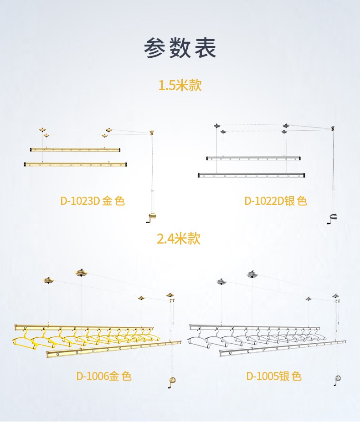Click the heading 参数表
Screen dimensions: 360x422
[180, 48]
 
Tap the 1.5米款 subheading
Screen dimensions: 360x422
[180, 85]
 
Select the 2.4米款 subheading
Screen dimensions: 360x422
[179, 238]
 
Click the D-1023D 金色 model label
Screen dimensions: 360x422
[93, 201]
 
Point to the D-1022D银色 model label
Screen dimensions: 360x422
[276, 201]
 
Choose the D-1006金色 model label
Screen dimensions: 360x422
[104, 376]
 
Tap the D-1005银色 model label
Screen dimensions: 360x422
[274, 376]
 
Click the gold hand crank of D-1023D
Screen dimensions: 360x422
[151, 218]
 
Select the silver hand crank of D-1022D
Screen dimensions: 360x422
[332, 218]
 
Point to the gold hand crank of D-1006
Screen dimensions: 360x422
[171, 382]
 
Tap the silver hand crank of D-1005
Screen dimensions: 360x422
[337, 380]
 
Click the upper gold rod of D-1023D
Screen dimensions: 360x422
[75, 150]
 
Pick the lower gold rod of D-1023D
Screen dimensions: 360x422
[75, 164]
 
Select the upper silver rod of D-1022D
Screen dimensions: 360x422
[253, 158]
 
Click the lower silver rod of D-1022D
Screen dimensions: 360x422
[252, 175]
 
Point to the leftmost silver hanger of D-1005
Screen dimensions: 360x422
[200, 339]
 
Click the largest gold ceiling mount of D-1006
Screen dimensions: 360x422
[81, 273]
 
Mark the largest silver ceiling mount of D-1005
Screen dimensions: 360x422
[252, 274]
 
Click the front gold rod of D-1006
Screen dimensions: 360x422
[113, 350]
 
